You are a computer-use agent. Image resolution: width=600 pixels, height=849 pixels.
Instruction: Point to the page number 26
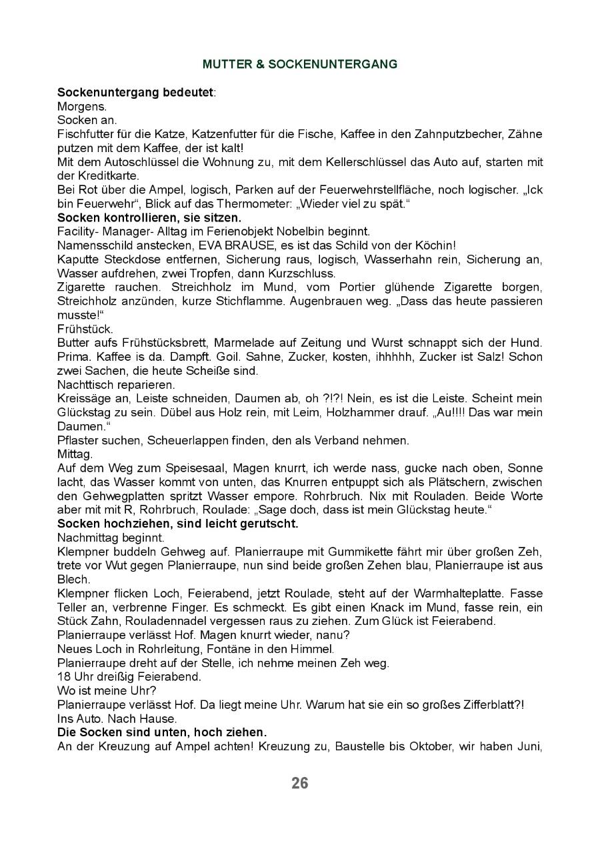tap(300, 783)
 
